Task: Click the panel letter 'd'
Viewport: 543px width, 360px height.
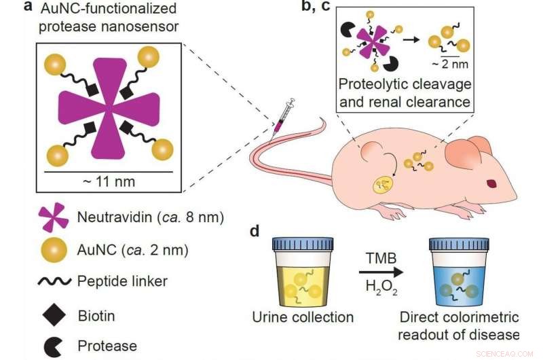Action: point(255,231)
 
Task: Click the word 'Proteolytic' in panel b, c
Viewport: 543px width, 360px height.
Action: point(374,88)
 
